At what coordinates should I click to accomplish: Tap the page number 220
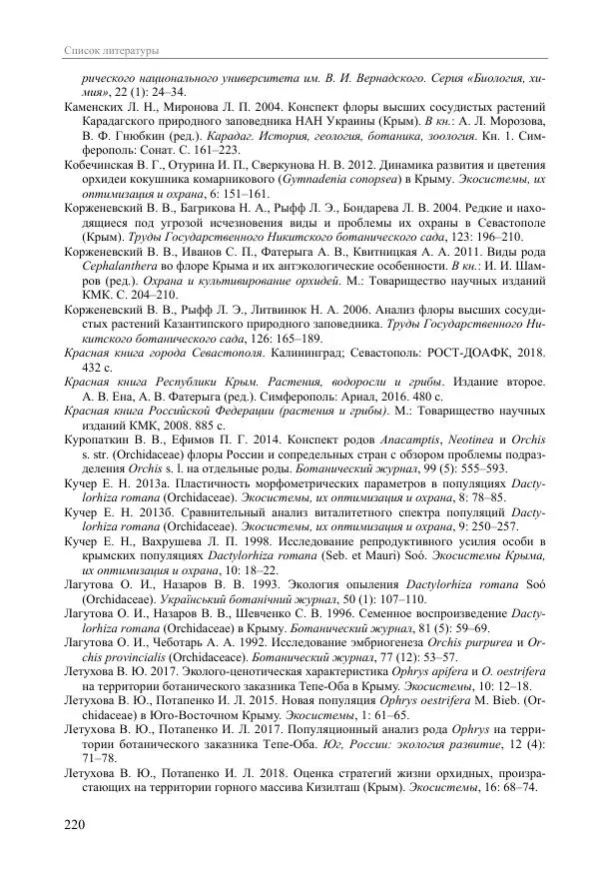76,824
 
